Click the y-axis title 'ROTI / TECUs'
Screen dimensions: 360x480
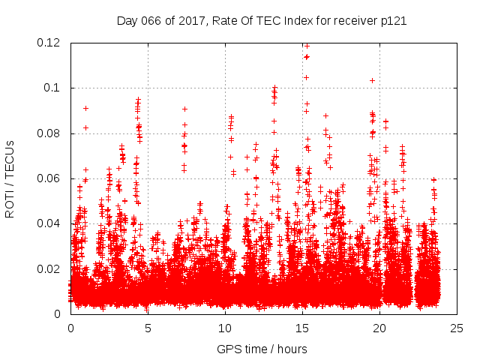(10, 178)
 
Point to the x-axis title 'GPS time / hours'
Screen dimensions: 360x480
(262, 349)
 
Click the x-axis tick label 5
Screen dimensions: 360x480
(148, 328)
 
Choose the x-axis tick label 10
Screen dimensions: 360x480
(225, 328)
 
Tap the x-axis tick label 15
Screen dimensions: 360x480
(302, 328)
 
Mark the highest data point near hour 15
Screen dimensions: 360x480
(306, 46)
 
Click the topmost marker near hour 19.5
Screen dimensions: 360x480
(372, 80)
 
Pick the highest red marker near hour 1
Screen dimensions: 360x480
(85, 108)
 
